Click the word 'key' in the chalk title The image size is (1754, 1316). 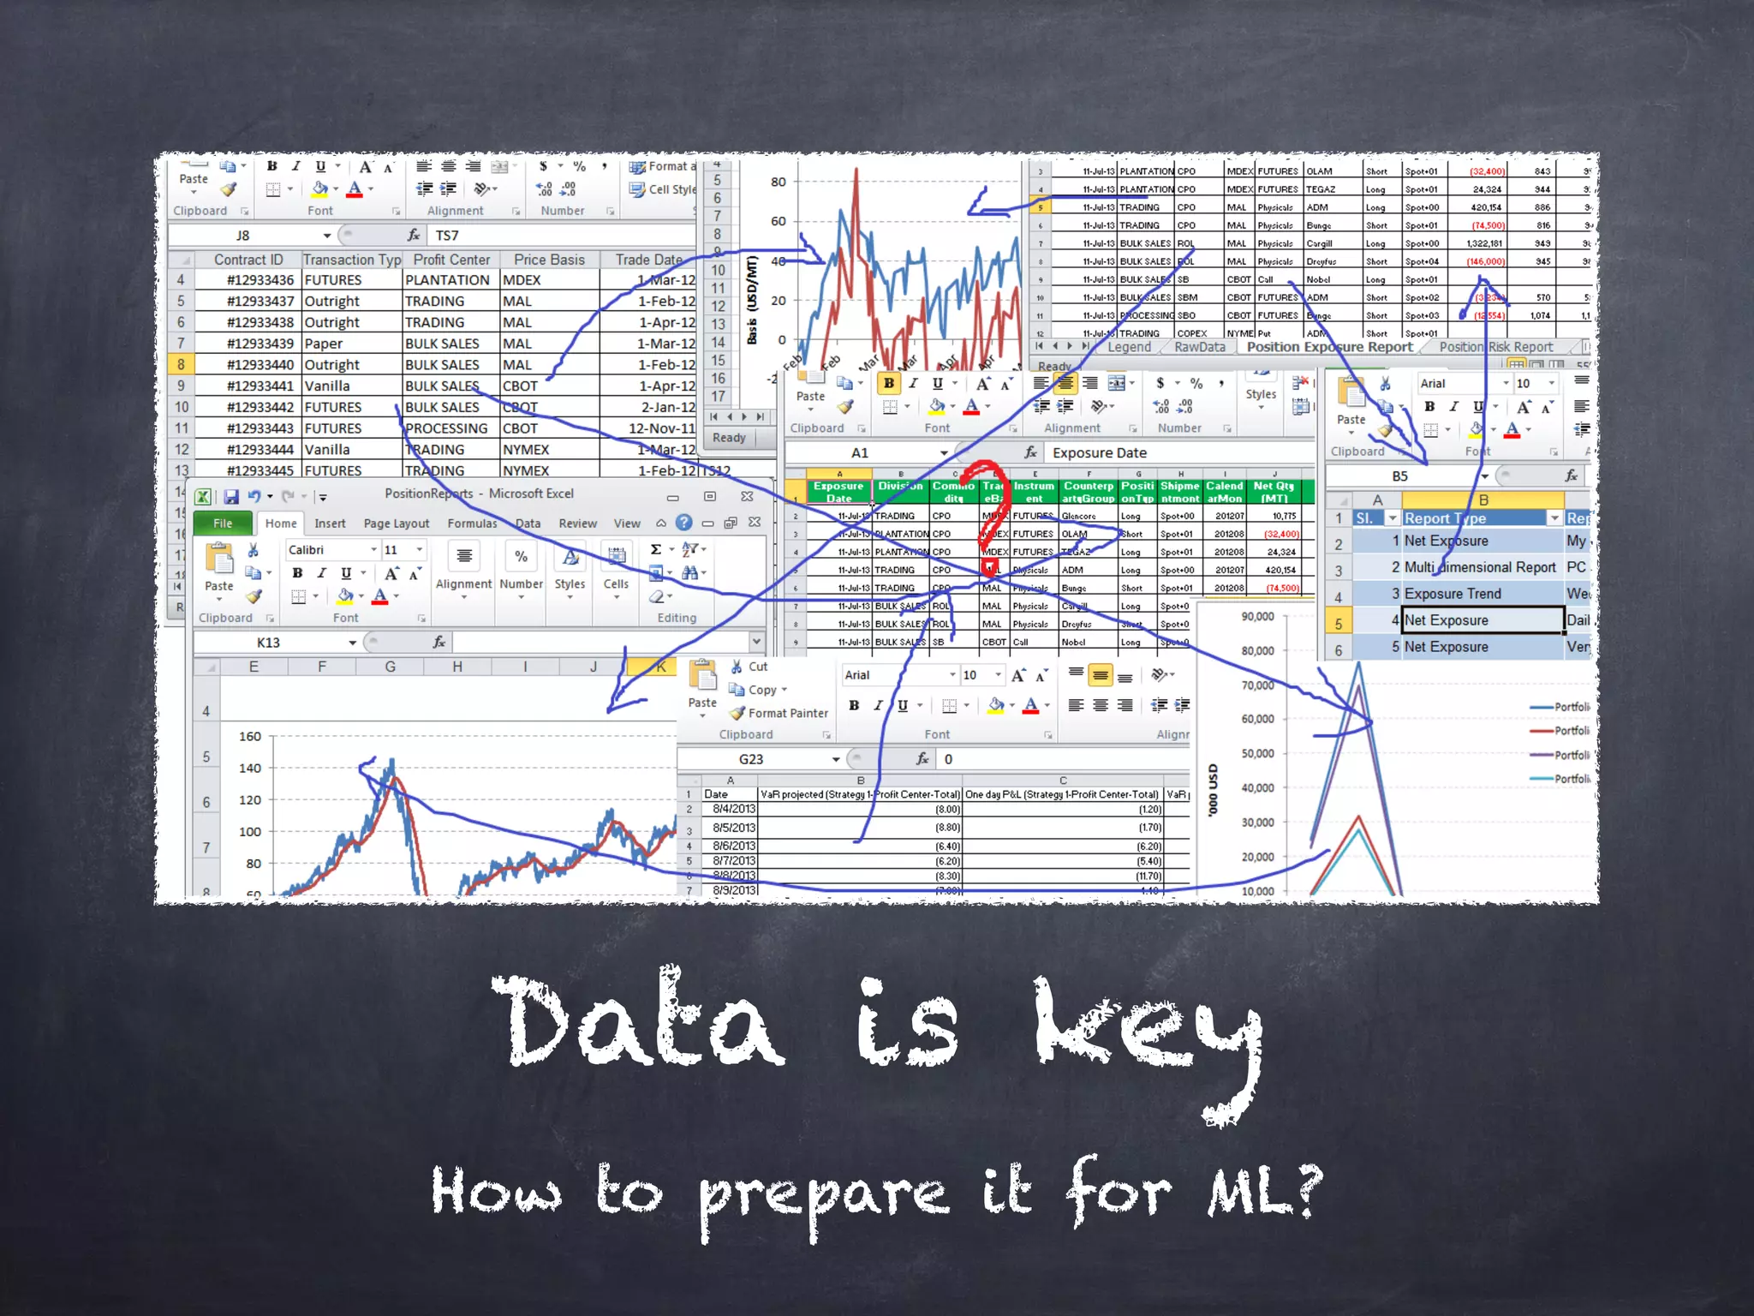[x=1148, y=1028]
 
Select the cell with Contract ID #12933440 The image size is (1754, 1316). [x=260, y=365]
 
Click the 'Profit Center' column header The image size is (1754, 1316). [x=451, y=260]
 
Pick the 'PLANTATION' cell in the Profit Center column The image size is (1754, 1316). [x=447, y=280]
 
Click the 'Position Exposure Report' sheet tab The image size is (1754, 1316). [x=1329, y=347]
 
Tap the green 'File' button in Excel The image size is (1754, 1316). [x=223, y=523]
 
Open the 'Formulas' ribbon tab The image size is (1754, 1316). [x=472, y=523]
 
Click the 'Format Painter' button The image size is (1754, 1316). [x=787, y=713]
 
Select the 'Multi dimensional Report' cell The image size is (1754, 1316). [x=1480, y=567]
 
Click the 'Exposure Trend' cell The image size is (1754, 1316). [x=1453, y=594]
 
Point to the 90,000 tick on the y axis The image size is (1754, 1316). [x=1257, y=617]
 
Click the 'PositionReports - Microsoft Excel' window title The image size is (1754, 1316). [x=479, y=493]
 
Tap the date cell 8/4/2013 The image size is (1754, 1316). [x=734, y=809]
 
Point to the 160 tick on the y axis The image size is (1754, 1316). [x=250, y=736]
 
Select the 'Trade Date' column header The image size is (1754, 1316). [x=648, y=260]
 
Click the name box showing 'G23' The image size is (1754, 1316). [x=751, y=759]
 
